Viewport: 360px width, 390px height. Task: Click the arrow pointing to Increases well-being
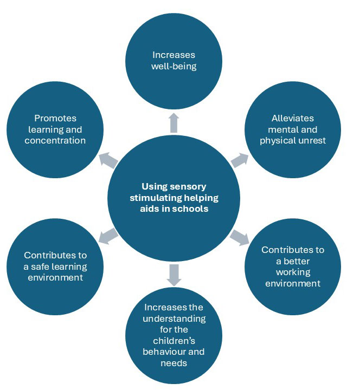pyautogui.click(x=173, y=123)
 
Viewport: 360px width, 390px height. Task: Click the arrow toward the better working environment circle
pyautogui.click(x=239, y=237)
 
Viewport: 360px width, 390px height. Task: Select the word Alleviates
pyautogui.click(x=293, y=118)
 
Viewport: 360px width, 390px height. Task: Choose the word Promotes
pyautogui.click(x=55, y=118)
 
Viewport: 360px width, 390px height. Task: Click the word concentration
pyautogui.click(x=55, y=141)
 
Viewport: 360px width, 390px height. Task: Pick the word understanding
pyautogui.click(x=173, y=318)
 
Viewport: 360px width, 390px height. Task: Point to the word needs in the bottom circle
pyautogui.click(x=173, y=363)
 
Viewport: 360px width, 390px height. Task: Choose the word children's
pyautogui.click(x=173, y=341)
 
